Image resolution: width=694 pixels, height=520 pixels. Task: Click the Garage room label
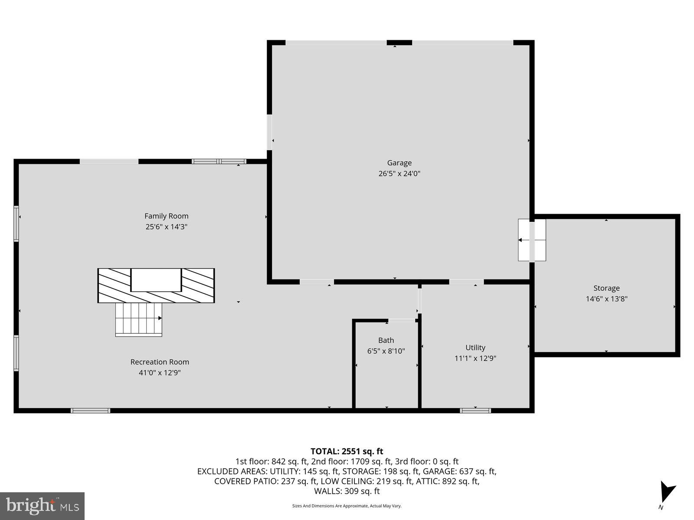399,163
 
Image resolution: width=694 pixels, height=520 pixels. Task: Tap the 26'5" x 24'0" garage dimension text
399,174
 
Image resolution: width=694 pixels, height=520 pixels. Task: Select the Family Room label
166,216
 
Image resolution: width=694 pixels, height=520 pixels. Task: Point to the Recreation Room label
160,362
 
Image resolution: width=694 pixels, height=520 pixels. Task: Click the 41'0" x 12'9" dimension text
160,373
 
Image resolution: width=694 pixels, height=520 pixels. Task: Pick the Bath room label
386,340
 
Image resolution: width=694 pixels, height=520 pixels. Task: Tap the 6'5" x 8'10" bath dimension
386,351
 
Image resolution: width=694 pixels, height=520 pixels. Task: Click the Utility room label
475,348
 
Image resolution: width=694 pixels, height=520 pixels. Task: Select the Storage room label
606,288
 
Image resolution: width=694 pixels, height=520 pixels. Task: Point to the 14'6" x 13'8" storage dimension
606,299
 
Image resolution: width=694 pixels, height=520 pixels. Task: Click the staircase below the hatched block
138,319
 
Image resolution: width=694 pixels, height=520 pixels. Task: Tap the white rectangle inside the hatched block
156,280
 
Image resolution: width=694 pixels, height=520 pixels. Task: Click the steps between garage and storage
532,240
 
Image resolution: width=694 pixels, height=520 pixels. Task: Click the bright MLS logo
42,506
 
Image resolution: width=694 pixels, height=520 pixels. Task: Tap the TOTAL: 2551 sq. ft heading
347,451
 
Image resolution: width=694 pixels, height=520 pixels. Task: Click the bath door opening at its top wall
402,321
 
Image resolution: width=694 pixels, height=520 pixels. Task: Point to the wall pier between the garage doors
399,42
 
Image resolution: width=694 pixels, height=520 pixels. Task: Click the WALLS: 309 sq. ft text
347,491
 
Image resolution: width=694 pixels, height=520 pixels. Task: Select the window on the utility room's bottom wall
475,410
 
